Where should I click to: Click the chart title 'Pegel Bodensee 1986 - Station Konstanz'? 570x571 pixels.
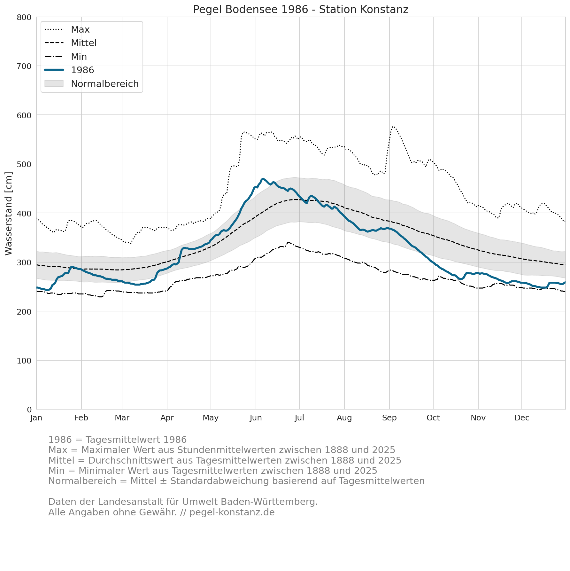click(x=301, y=10)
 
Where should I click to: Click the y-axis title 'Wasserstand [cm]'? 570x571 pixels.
click(x=9, y=214)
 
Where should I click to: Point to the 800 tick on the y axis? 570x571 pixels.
click(x=24, y=17)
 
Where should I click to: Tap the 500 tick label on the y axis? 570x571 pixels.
click(x=24, y=164)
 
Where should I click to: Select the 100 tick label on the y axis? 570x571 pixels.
click(x=24, y=361)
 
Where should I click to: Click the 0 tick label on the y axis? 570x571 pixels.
click(x=29, y=410)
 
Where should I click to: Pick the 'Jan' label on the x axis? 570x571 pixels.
click(x=36, y=418)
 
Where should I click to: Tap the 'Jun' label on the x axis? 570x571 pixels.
click(x=256, y=418)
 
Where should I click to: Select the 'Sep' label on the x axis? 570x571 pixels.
click(x=389, y=418)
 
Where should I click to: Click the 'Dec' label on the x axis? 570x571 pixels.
click(x=522, y=418)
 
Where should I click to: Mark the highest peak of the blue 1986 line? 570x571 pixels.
click(x=263, y=178)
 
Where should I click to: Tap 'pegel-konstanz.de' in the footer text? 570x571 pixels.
click(x=232, y=512)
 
